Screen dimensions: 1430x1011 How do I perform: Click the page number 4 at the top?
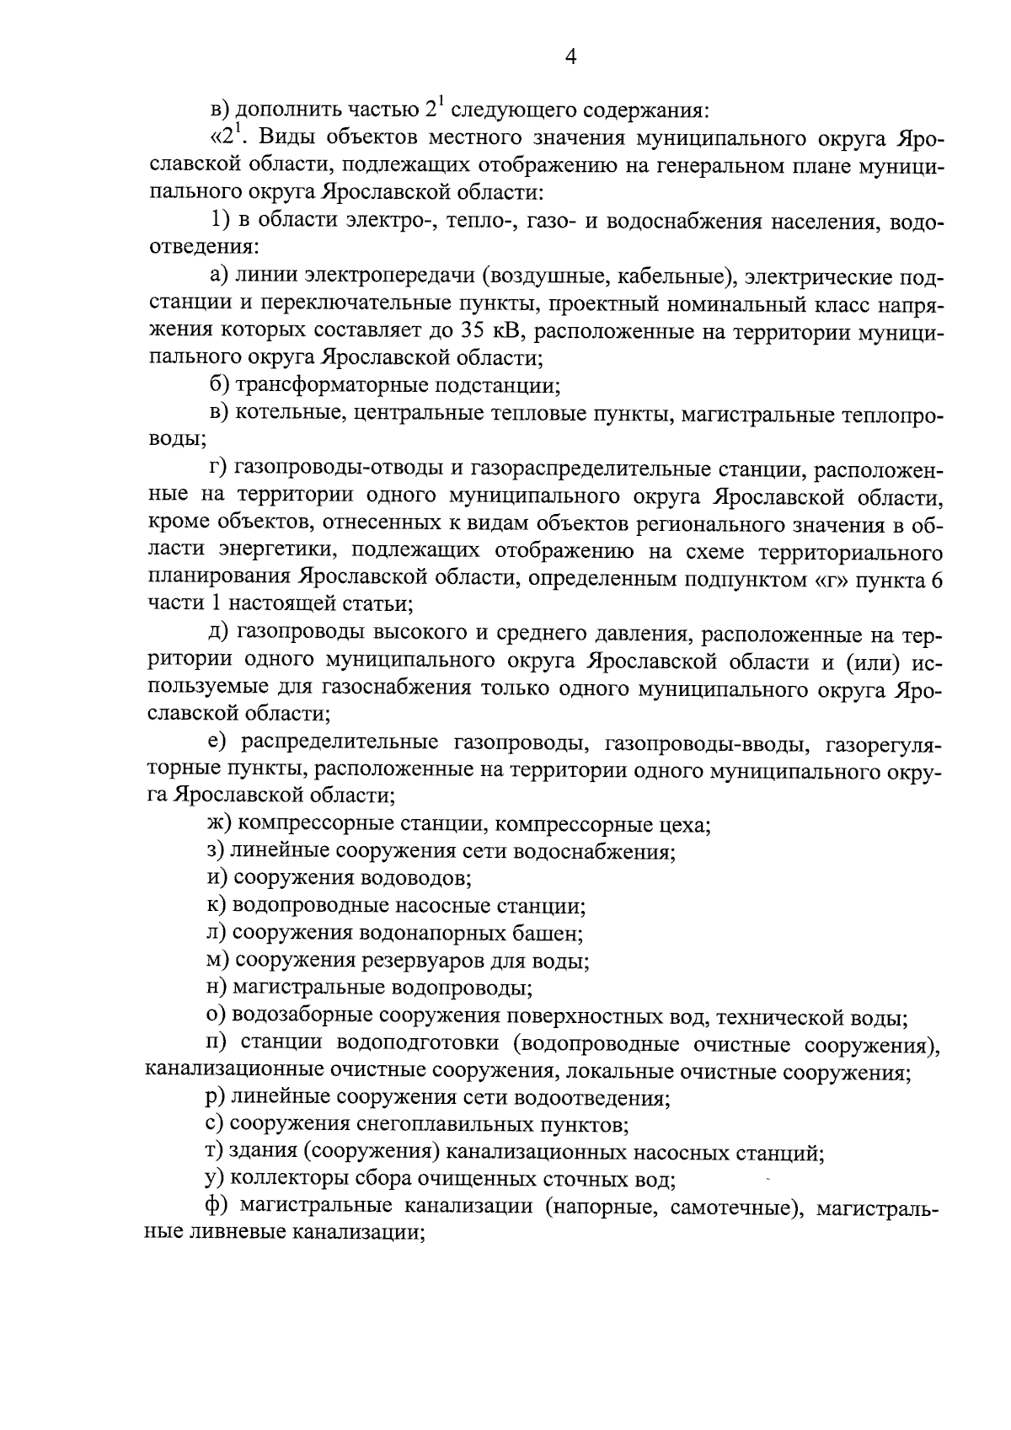(570, 56)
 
